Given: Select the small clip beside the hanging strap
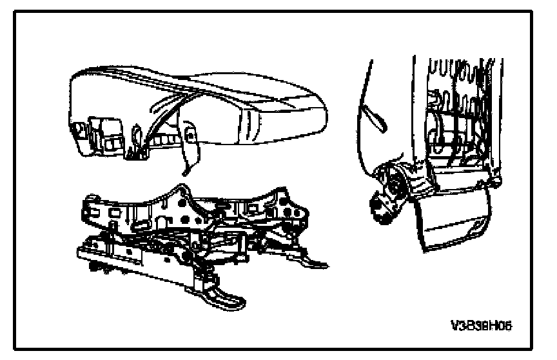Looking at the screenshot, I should point(191,135).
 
